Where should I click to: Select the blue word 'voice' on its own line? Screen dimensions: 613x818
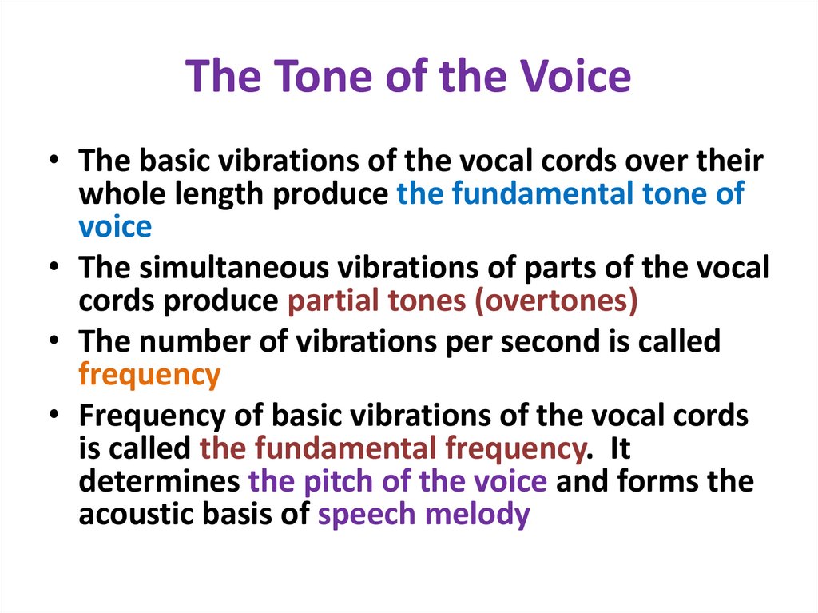tap(115, 227)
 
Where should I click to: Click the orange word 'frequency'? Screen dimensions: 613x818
tap(149, 375)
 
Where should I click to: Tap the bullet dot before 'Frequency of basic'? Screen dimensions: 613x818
tap(54, 416)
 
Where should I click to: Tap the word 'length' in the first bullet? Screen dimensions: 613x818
tap(228, 194)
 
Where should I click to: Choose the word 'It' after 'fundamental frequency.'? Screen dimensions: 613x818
tap(620, 449)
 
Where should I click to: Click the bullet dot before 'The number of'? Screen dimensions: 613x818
tap(54, 342)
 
